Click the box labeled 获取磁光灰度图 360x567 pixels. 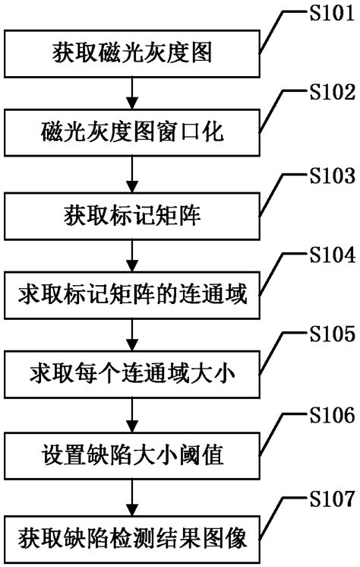point(133,52)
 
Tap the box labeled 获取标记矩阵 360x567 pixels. point(133,216)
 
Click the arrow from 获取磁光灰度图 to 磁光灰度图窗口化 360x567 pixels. point(133,93)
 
